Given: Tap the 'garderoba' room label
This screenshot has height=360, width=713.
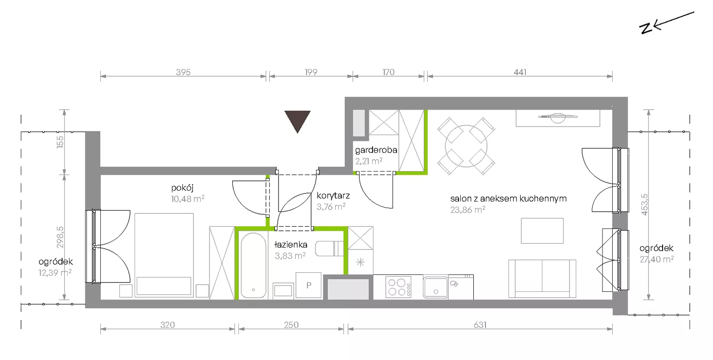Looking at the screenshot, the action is coord(376,150).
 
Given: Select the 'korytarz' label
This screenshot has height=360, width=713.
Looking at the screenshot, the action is coord(333,196).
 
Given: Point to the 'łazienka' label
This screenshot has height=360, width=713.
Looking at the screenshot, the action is coord(291,245).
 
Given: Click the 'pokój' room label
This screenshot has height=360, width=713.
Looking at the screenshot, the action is coord(182,188).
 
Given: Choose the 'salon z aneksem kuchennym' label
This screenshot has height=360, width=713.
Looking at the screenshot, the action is coord(508,199).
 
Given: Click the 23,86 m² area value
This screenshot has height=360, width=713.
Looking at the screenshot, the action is coord(467,210).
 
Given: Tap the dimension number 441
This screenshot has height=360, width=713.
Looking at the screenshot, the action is coord(520,72).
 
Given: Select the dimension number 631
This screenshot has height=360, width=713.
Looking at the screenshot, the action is coord(480,325).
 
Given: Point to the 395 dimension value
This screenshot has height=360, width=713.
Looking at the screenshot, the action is coord(183,72).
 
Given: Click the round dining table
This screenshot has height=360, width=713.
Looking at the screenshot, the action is coord(466,147).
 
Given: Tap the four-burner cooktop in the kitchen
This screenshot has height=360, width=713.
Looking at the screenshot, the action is coord(398,287).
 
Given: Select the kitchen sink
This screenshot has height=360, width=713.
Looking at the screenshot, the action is coord(435,287).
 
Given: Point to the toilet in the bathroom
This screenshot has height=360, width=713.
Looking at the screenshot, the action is coord(329,249).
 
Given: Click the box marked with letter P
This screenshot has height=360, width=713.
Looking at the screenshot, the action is coord(308,285).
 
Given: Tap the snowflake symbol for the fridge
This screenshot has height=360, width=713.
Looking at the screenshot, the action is coord(361,262).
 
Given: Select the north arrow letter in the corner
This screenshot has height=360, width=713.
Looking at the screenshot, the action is coord(646,29).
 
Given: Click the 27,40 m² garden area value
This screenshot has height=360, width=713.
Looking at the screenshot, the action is coord(657,259).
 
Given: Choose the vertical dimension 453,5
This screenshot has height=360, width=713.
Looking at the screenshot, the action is coord(644,205).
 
